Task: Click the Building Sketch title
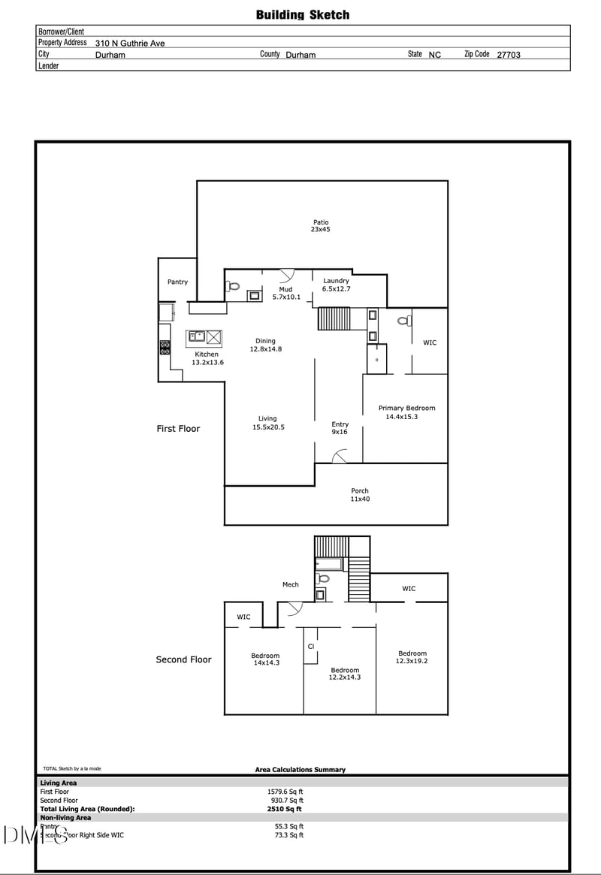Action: tap(302, 14)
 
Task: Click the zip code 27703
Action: tap(509, 55)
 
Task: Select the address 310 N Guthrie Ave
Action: tap(129, 44)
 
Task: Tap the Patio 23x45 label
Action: tap(321, 225)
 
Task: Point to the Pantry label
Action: tap(177, 282)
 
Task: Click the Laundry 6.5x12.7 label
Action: tap(336, 285)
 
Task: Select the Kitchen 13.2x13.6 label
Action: tap(207, 358)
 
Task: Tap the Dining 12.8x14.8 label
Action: tap(265, 345)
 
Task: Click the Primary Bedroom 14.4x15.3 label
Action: tap(406, 412)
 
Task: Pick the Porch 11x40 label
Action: tap(360, 495)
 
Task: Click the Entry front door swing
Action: tap(339, 456)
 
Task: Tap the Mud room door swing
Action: tap(286, 276)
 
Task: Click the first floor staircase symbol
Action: tap(334, 318)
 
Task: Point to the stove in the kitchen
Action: tap(165, 348)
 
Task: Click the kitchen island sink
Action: tap(197, 336)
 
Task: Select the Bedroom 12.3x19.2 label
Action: tap(412, 657)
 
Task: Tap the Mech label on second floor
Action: tap(290, 584)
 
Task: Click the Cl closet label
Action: tap(311, 646)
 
